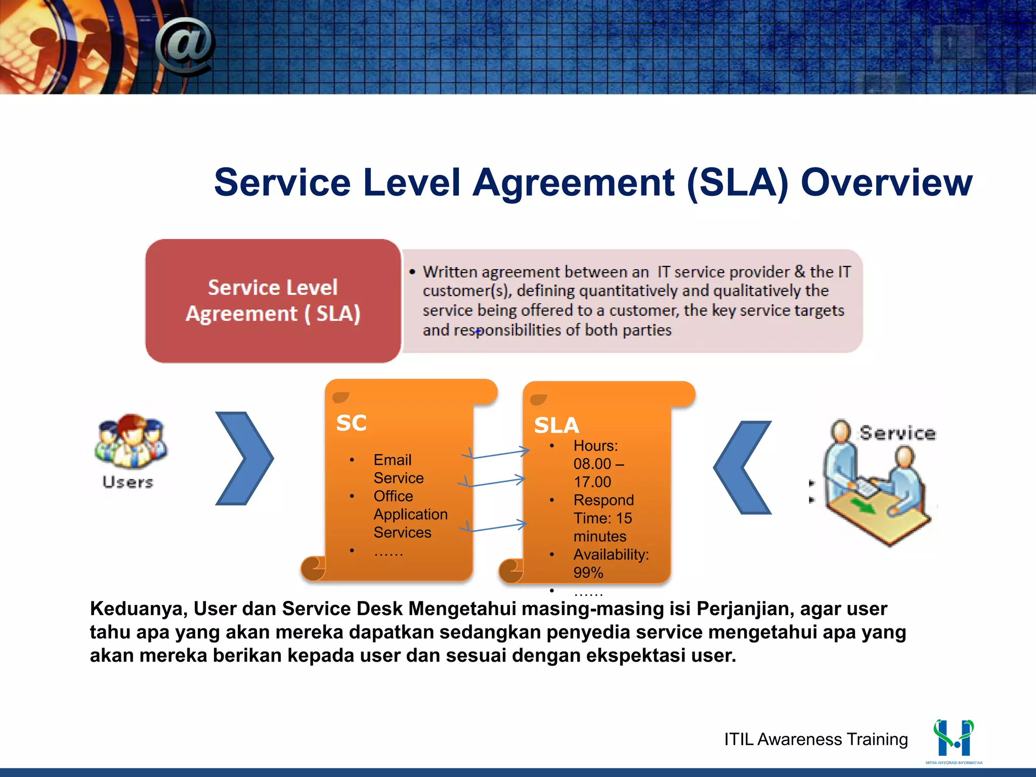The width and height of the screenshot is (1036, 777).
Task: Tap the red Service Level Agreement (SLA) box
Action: coord(273,301)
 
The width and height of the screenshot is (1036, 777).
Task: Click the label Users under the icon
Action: coord(128,482)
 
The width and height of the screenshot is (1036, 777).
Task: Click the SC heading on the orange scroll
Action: coord(351,423)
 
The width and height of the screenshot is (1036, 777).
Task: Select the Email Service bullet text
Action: coord(398,469)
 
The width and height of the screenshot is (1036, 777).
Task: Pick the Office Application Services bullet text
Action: coord(410,514)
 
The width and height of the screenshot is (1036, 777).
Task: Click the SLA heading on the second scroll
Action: coord(556,425)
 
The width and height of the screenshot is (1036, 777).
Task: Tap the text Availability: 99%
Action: coord(611,564)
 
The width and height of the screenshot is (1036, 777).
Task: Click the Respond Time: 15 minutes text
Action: coord(603,518)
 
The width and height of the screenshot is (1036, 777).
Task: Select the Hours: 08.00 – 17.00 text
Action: coord(598,463)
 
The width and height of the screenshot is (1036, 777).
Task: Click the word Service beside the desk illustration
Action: coord(898,433)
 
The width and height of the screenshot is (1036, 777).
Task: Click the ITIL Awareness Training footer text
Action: coord(815,739)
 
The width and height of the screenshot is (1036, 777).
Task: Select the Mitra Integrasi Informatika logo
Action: coord(954,740)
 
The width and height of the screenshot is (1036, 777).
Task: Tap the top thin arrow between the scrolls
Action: coord(498,453)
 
